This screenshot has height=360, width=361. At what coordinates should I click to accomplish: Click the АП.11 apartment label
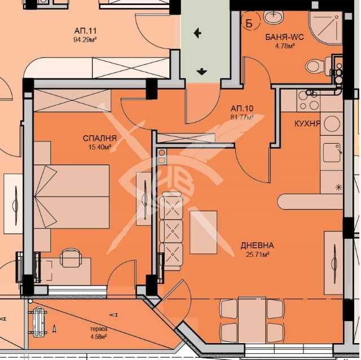[85, 30]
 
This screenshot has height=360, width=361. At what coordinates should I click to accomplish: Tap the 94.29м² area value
[85, 40]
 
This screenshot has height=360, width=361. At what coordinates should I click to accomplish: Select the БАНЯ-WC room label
[284, 37]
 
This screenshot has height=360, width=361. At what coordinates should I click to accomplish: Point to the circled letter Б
[249, 23]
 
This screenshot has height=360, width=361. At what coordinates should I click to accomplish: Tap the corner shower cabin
[325, 27]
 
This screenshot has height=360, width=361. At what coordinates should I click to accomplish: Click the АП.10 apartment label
[242, 108]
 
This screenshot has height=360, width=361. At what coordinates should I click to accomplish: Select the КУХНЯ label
[307, 123]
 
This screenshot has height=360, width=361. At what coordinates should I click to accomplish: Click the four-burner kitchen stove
[309, 101]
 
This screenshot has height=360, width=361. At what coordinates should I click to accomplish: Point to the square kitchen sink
[332, 153]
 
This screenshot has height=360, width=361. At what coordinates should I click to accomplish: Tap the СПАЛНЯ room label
[100, 138]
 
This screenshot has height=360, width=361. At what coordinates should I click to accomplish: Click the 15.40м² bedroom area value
[100, 146]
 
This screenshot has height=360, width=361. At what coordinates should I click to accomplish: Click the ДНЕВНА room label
[257, 245]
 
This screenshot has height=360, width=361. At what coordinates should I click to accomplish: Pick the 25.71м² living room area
[258, 254]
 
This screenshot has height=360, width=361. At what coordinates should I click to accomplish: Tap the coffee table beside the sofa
[203, 233]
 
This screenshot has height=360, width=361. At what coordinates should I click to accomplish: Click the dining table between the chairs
[252, 320]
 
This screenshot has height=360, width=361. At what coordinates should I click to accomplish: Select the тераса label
[99, 329]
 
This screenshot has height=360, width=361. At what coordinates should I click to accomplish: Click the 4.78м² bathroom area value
[285, 46]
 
